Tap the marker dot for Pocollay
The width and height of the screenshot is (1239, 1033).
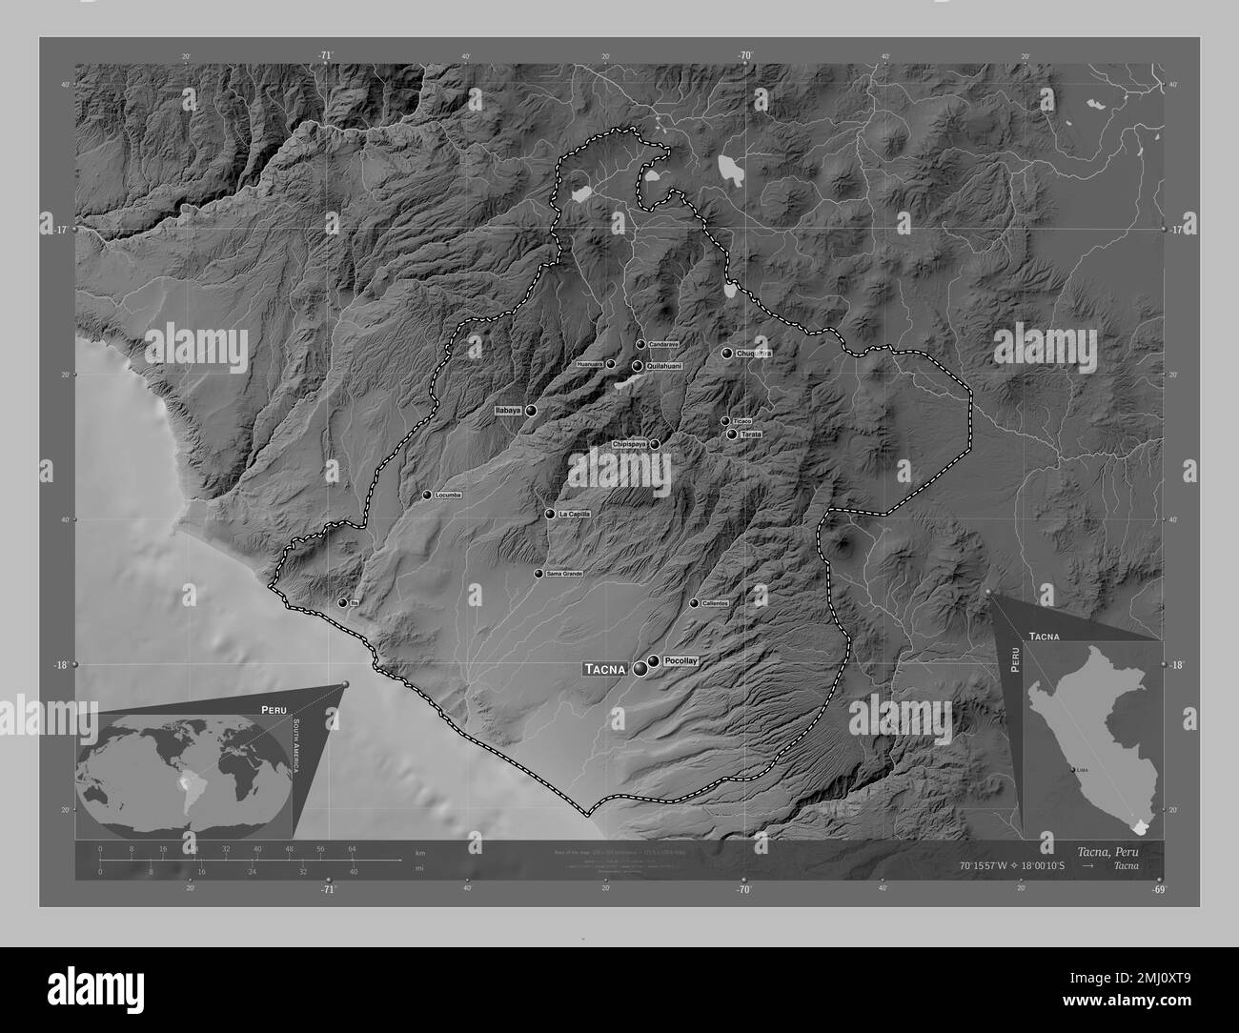click(654, 661)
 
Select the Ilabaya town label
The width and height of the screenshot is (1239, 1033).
click(508, 410)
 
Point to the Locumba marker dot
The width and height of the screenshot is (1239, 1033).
click(427, 495)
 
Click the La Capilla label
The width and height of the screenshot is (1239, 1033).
click(576, 514)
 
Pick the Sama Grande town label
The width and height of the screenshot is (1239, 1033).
click(564, 574)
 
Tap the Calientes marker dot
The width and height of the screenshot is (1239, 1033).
click(694, 603)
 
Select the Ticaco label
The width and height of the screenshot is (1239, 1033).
click(742, 420)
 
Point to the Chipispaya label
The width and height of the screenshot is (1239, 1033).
click(630, 444)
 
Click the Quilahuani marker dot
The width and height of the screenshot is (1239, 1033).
click(637, 366)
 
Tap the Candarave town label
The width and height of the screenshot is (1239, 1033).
click(662, 344)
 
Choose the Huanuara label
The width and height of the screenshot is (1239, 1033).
click(590, 364)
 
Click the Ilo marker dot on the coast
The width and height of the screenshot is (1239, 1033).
click(342, 602)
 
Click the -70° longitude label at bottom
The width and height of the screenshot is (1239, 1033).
click(743, 890)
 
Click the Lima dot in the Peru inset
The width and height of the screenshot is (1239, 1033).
click(1072, 770)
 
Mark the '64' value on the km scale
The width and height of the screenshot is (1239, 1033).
click(352, 848)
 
